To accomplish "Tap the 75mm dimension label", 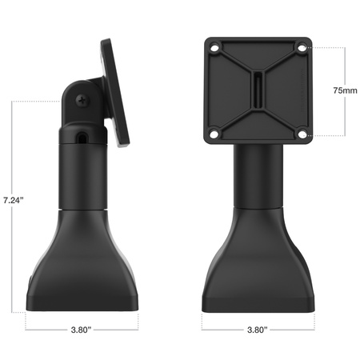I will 345,91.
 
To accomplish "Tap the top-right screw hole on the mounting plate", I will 301,48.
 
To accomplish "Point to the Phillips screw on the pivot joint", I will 82,101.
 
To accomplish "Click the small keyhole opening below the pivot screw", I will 83,138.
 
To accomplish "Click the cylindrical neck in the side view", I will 83,172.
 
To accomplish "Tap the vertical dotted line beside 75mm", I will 345,64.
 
